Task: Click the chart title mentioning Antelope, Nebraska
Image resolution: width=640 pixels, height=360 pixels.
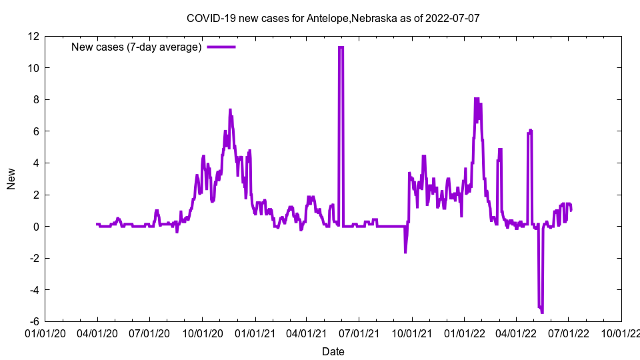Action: (333, 19)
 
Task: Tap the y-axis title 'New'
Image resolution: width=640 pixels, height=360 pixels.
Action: (11, 179)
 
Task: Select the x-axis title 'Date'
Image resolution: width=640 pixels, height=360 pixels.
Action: (333, 351)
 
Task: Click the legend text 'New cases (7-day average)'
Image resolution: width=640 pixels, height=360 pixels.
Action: (137, 47)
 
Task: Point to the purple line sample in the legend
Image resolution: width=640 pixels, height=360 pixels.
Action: (221, 47)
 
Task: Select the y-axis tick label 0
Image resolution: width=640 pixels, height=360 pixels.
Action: (35, 227)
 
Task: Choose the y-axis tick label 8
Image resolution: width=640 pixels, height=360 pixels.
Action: (35, 99)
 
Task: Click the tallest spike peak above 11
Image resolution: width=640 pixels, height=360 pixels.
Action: (341, 47)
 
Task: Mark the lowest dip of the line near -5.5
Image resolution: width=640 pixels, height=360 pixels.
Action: (542, 313)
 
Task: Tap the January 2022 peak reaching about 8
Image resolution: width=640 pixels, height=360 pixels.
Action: (476, 99)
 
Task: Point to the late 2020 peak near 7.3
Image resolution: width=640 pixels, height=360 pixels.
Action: (230, 110)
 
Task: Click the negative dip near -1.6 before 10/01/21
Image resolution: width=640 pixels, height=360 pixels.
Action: (405, 252)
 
